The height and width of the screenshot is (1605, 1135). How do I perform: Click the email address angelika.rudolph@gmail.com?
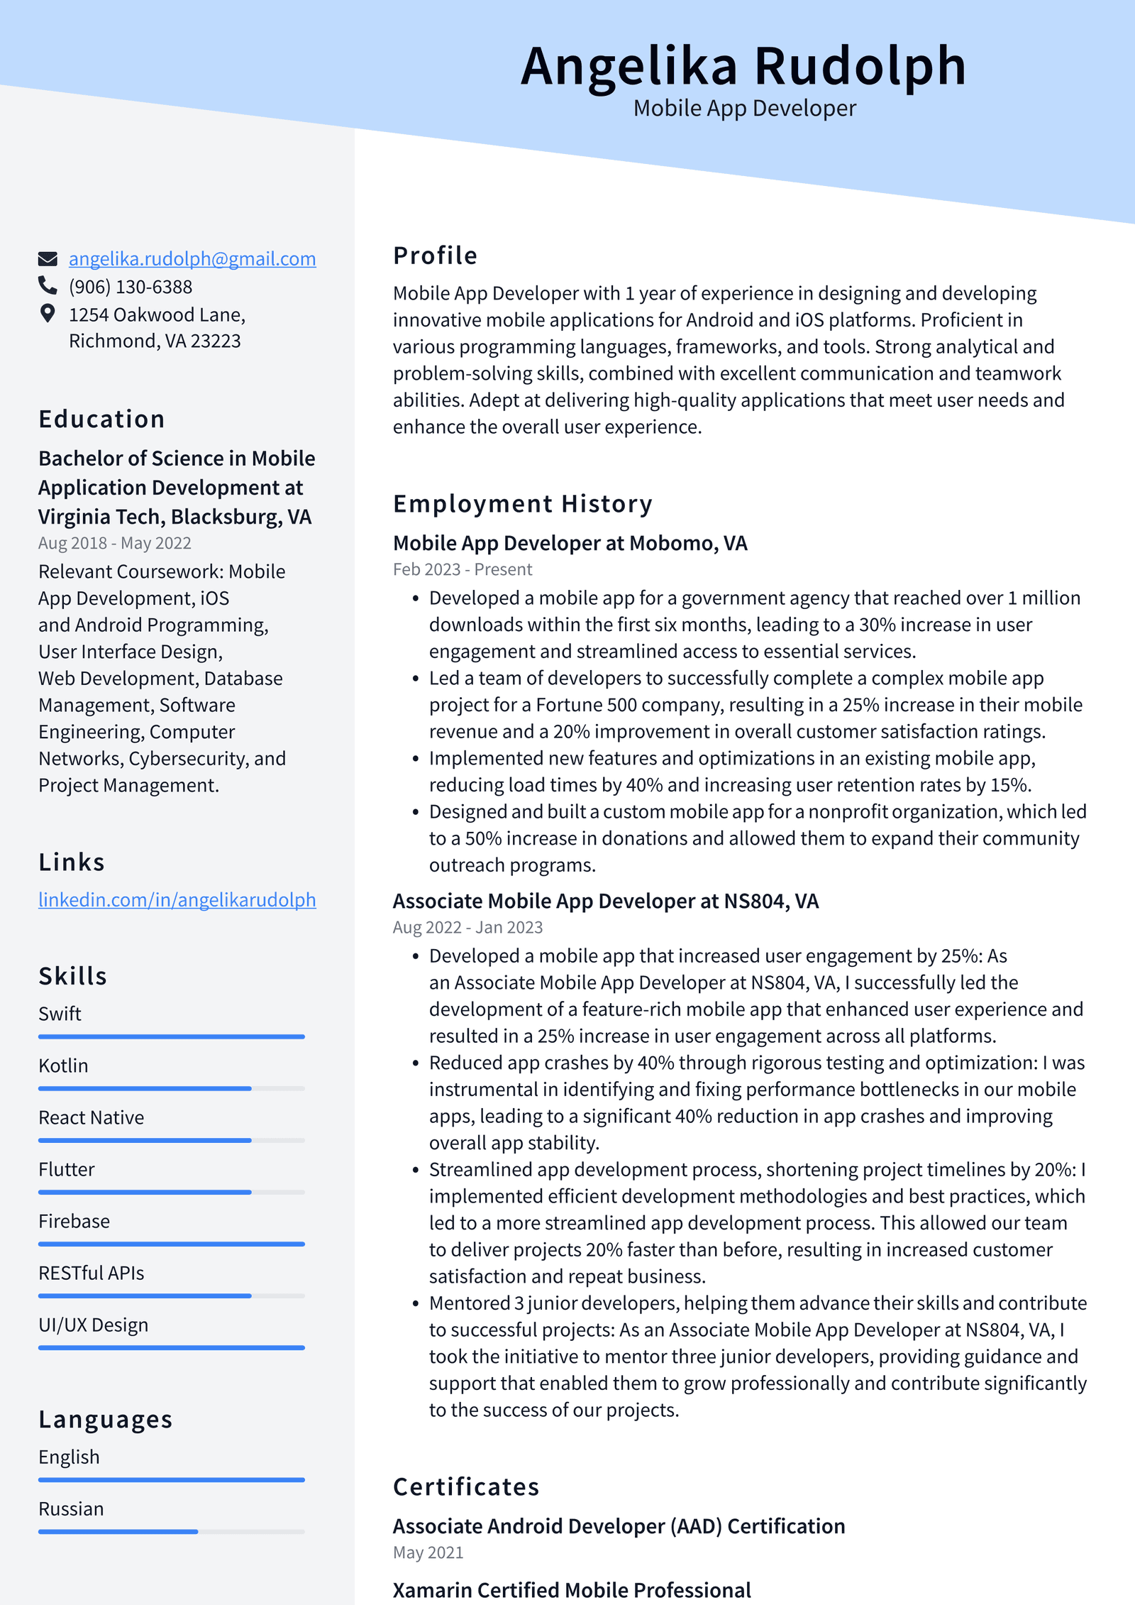pyautogui.click(x=192, y=259)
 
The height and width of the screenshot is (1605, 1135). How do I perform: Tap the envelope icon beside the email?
pyautogui.click(x=48, y=259)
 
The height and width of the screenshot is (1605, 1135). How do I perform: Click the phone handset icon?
pyautogui.click(x=48, y=285)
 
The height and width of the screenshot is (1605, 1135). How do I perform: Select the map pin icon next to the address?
pyautogui.click(x=48, y=314)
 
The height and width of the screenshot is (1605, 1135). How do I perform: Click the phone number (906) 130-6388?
pyautogui.click(x=131, y=287)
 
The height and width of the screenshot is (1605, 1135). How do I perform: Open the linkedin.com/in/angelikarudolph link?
pyautogui.click(x=177, y=900)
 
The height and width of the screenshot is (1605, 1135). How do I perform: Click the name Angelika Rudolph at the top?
pyautogui.click(x=743, y=66)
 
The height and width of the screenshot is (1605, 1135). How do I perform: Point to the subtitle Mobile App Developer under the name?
pyautogui.click(x=744, y=109)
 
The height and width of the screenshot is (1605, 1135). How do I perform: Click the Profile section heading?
pyautogui.click(x=436, y=256)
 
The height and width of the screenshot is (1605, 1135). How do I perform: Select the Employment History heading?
pyautogui.click(x=523, y=504)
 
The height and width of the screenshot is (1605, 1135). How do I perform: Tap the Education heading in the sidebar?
pyautogui.click(x=101, y=420)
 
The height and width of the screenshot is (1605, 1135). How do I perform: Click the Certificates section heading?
pyautogui.click(x=466, y=1487)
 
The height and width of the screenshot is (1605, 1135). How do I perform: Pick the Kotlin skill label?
pyautogui.click(x=64, y=1066)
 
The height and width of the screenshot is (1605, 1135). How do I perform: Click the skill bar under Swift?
pyautogui.click(x=172, y=1037)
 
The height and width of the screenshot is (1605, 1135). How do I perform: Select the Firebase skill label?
pyautogui.click(x=74, y=1222)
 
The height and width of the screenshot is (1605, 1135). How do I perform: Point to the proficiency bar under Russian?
pyautogui.click(x=172, y=1532)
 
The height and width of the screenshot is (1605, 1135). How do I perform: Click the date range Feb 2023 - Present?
pyautogui.click(x=463, y=570)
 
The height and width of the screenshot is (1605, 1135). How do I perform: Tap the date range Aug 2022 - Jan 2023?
pyautogui.click(x=467, y=928)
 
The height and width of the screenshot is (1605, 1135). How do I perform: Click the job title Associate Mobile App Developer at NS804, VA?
pyautogui.click(x=606, y=902)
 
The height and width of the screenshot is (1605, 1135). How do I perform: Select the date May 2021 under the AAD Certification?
pyautogui.click(x=428, y=1553)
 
